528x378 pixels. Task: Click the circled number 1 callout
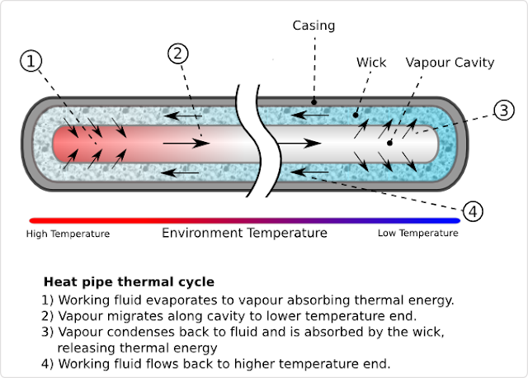click(31, 61)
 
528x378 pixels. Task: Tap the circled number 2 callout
click(181, 54)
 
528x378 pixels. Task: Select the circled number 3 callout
click(504, 111)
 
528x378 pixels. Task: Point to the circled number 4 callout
click(472, 211)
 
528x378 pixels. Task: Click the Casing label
click(313, 26)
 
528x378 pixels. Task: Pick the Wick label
click(370, 62)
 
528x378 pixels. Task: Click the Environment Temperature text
click(244, 234)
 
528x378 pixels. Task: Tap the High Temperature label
click(68, 234)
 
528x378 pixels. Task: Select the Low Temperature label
click(417, 234)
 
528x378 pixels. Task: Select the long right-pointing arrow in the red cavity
click(185, 144)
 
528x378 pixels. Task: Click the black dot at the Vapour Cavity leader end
click(390, 143)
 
